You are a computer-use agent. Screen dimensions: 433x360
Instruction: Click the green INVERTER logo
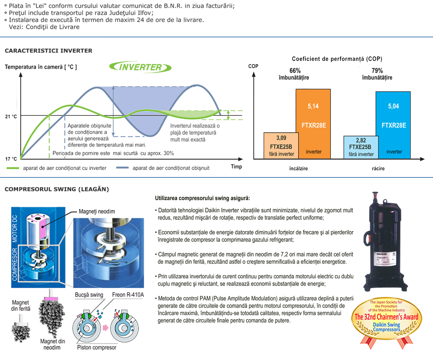140,67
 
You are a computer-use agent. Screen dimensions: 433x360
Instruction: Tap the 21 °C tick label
11,116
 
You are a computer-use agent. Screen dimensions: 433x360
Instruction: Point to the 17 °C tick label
11,159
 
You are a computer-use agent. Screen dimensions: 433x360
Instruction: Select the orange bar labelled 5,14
313,124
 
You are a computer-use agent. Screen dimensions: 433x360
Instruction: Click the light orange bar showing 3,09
281,145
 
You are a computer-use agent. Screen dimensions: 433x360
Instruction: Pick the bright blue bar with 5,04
393,125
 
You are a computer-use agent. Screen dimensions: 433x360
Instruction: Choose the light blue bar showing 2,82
361,147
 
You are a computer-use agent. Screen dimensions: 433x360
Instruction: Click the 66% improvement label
294,74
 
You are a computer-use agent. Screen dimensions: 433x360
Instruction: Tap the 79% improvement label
377,74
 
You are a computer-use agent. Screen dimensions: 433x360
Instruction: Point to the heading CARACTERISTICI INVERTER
49,51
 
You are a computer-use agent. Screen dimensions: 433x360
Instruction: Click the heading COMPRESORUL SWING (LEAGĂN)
57,189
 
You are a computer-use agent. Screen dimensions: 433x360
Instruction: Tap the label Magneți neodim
97,212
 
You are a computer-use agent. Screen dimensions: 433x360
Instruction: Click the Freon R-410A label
128,295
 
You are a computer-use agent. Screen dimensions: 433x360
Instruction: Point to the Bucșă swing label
89,295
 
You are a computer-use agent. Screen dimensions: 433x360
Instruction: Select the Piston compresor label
97,347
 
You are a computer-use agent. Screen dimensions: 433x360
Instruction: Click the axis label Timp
236,166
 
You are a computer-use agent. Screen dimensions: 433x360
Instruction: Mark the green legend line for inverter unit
13,168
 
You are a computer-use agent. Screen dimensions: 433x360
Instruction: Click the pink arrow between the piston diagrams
105,328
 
